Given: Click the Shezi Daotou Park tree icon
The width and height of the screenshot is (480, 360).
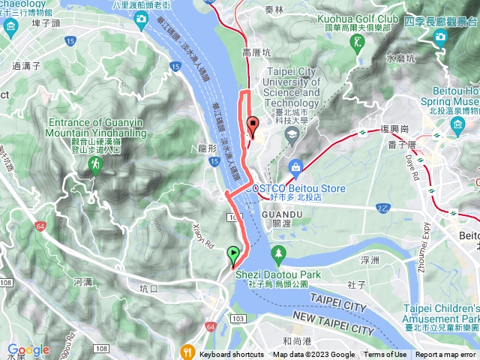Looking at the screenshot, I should pyautogui.click(x=278, y=253).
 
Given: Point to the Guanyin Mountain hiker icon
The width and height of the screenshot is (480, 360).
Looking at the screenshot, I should pyautogui.click(x=95, y=164).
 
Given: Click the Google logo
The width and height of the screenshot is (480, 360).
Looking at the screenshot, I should pyautogui.click(x=28, y=350).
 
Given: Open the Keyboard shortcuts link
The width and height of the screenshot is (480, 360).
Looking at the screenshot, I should pyautogui.click(x=231, y=355).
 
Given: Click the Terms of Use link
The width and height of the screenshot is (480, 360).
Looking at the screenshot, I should pyautogui.click(x=385, y=355).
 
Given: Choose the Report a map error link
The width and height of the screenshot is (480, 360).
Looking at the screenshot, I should pyautogui.click(x=445, y=355).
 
